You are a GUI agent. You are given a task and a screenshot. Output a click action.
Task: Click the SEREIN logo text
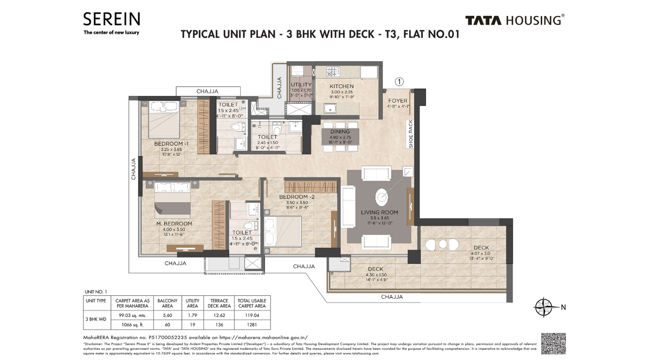pyautogui.click(x=112, y=19)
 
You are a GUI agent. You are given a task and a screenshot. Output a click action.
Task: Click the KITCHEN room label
pyautogui.click(x=341, y=86)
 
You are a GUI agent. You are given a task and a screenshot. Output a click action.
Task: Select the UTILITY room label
pyautogui.click(x=301, y=85)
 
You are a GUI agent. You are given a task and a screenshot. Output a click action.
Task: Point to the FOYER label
pyautogui.click(x=398, y=101)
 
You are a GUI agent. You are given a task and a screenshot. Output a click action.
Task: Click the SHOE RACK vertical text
pyautogui.click(x=411, y=134)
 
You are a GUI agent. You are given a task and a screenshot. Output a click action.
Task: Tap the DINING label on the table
pyautogui.click(x=340, y=132)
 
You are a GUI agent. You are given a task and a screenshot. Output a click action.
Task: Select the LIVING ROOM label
pyautogui.click(x=379, y=212)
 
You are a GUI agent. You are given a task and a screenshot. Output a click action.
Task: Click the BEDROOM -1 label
pyautogui.click(x=171, y=144)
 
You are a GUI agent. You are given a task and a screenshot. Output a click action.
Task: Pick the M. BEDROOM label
pyautogui.click(x=174, y=224)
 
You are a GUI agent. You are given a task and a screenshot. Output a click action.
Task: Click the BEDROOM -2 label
pyautogui.click(x=296, y=197)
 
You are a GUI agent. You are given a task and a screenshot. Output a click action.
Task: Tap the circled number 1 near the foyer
pyautogui.click(x=399, y=82)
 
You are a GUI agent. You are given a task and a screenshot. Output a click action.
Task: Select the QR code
pyautogui.click(x=553, y=344)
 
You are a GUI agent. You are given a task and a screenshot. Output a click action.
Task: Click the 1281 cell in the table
pyautogui.click(x=252, y=325)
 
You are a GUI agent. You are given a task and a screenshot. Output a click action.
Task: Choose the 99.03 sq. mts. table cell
pyautogui.click(x=132, y=315)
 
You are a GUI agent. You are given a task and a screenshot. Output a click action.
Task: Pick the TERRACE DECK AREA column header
pyautogui.click(x=219, y=303)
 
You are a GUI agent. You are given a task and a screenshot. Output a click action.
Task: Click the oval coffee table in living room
pyautogui.click(x=382, y=198)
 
